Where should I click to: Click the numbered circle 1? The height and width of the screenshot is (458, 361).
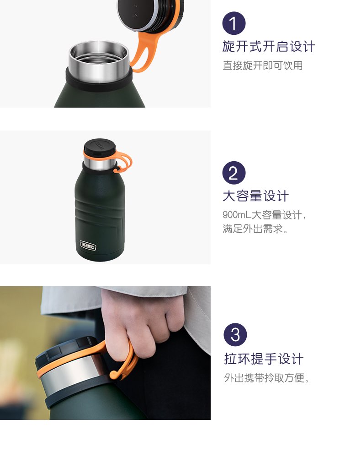[234, 23]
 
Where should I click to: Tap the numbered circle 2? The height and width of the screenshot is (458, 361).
[234, 173]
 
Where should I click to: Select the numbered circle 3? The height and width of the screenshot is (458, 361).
[235, 335]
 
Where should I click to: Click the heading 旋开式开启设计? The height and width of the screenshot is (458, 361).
[269, 47]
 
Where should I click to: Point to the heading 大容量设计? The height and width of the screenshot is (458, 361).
[255, 196]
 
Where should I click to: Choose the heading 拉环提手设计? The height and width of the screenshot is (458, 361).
[264, 359]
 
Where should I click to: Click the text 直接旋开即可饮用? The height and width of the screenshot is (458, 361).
[262, 65]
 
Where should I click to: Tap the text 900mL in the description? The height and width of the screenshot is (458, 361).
[237, 215]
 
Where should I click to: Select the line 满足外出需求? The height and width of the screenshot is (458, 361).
[255, 229]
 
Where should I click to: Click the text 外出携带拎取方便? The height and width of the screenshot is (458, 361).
[266, 378]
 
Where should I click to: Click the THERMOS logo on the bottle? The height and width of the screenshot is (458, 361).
[88, 245]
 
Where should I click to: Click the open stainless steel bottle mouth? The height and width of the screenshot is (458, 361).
[99, 61]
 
